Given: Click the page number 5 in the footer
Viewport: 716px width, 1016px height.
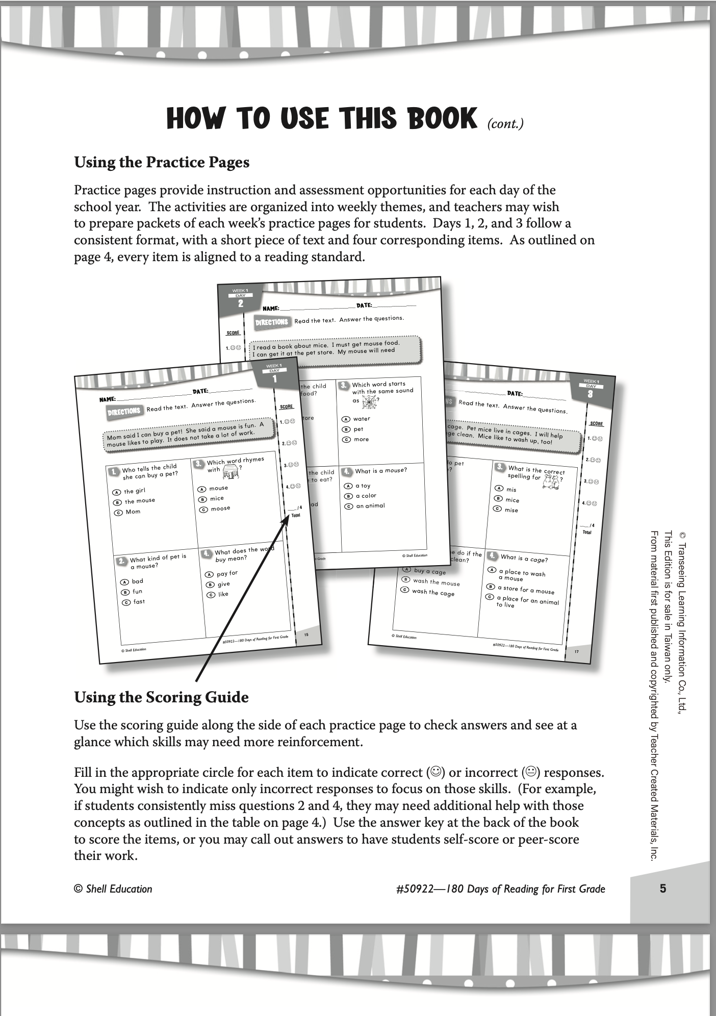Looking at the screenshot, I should click(x=662, y=888).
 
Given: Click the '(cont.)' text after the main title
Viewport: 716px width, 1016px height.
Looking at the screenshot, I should click(x=505, y=124).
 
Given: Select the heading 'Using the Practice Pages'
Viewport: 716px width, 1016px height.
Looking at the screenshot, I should click(x=162, y=162).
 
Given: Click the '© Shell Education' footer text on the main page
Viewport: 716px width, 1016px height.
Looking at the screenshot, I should click(x=113, y=889).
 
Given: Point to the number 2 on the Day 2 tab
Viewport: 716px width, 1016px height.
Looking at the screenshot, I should click(x=240, y=303).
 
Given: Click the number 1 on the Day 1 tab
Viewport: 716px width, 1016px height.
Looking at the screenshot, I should click(x=274, y=379).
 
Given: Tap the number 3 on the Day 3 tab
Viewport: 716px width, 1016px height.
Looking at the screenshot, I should click(x=590, y=394).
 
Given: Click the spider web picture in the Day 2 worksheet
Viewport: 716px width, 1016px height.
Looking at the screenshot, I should click(x=369, y=402).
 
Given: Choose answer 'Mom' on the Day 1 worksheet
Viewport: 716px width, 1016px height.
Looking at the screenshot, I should click(x=133, y=512).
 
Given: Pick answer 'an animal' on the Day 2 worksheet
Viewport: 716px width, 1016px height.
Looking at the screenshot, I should click(x=370, y=506).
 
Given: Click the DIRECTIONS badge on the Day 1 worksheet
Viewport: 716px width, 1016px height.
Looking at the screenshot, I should click(x=124, y=412).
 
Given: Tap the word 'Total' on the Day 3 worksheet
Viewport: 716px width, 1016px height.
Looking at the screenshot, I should click(x=587, y=532).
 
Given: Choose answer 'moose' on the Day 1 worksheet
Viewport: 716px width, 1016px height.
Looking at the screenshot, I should click(x=220, y=509).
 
